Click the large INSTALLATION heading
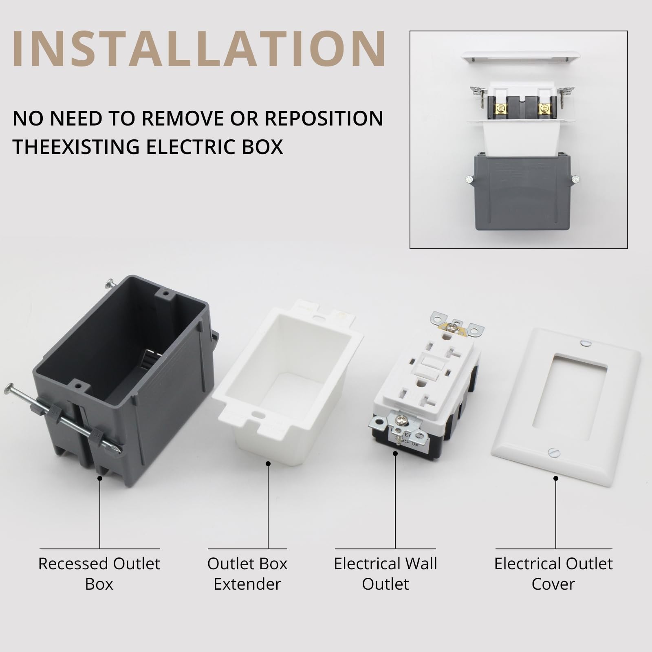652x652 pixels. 199,48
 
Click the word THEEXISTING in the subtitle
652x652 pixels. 76,147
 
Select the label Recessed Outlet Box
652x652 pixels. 99,574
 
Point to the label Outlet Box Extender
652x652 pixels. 247,574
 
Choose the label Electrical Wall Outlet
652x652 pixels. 385,574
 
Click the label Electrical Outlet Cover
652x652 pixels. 553,574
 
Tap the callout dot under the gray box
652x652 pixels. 100,478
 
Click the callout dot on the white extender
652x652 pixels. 268,463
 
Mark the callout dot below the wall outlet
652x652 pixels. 395,453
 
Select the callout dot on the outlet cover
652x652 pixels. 556,478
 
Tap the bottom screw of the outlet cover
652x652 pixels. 554,452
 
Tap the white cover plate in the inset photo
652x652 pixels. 521,57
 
